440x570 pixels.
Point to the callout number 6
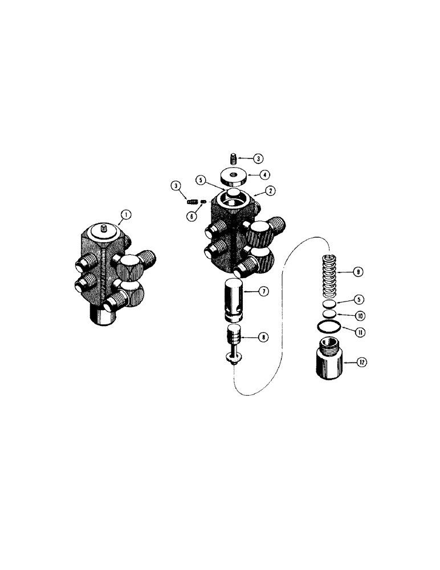coord(193,217)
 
